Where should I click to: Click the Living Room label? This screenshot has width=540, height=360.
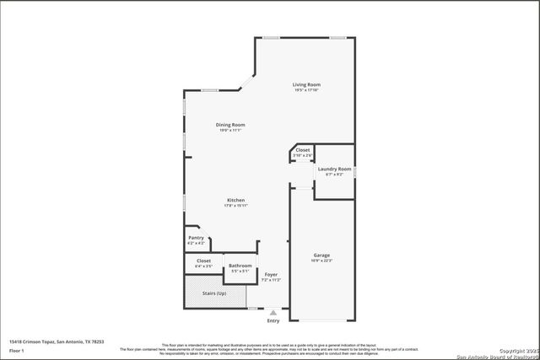[x=306, y=84]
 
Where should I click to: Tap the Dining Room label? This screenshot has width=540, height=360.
[x=230, y=125]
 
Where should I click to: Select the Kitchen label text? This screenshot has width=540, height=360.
[x=235, y=200]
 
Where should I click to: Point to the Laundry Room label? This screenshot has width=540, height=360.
[x=334, y=169]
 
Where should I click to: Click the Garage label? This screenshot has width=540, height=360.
[x=321, y=255]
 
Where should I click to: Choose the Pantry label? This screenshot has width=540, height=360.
[x=196, y=239]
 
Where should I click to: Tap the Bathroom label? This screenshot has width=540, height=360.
[x=240, y=266]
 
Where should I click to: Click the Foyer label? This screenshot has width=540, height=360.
[x=271, y=274]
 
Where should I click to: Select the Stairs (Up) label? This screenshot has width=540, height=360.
[x=214, y=293]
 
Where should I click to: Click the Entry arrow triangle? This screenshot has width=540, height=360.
[x=273, y=312]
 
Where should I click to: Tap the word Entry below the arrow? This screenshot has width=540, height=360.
[x=273, y=321]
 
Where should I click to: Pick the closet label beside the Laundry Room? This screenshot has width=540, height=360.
[x=302, y=150]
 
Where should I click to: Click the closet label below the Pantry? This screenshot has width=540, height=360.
[x=203, y=261]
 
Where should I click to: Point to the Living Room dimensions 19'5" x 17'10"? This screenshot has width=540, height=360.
[x=306, y=90]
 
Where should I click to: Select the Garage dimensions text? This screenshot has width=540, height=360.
[x=321, y=261]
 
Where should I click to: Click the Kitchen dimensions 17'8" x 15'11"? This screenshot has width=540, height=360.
[x=235, y=206]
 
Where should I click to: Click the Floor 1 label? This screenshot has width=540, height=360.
[x=16, y=349]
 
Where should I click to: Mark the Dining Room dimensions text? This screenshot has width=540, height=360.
[x=230, y=131]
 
